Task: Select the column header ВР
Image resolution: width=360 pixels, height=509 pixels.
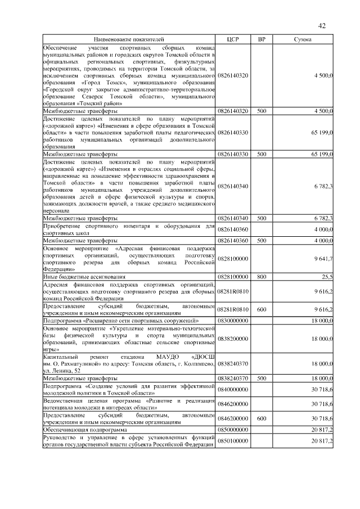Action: pyautogui.click(x=262, y=40)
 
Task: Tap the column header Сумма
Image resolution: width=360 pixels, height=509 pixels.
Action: pyautogui.click(x=304, y=40)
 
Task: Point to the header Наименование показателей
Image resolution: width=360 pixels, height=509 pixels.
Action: pyautogui.click(x=129, y=40)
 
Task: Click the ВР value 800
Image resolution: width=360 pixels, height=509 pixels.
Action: pyautogui.click(x=262, y=277)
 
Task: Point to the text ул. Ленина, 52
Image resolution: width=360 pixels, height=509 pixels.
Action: pyautogui.click(x=63, y=371)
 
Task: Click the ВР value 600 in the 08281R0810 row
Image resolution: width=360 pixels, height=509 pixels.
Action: pyautogui.click(x=262, y=309)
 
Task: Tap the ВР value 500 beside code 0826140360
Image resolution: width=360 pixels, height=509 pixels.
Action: pyautogui.click(x=262, y=240)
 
